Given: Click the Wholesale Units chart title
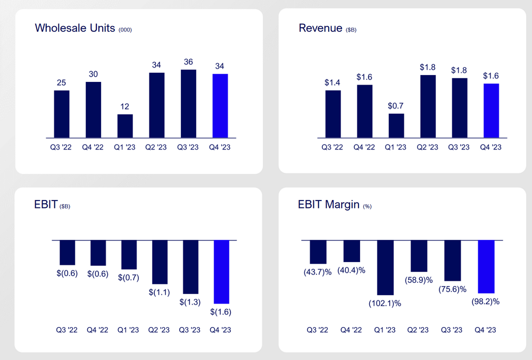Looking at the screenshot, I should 74,28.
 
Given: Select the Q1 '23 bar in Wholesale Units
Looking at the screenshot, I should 125,125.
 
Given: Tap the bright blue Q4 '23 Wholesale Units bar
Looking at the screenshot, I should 220,105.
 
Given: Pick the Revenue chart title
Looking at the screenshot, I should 320,28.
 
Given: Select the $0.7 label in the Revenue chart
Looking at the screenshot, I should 396,105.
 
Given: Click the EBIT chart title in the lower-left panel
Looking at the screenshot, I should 46,205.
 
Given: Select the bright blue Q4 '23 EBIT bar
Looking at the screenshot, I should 221,272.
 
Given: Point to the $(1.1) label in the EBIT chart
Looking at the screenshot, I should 160,292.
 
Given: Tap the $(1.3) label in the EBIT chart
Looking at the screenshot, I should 190,302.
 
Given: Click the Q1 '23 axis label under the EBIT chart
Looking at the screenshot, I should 128,330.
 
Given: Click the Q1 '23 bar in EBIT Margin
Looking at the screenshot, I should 386,267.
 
